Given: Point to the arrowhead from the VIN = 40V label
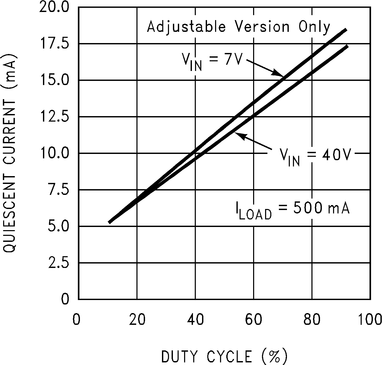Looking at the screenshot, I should (239, 135).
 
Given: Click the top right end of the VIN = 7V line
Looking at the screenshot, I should (346, 30).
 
